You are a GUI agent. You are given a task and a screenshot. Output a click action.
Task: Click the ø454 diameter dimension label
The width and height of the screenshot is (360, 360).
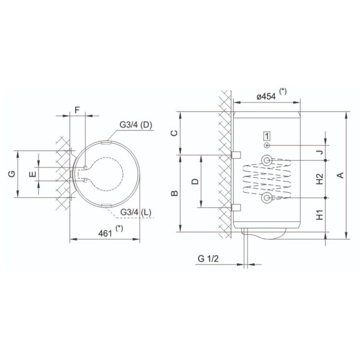(266, 97)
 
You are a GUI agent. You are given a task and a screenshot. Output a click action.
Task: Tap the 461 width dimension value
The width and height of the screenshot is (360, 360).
(105, 233)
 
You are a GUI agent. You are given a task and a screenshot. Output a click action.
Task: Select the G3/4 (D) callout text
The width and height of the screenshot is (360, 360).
(136, 125)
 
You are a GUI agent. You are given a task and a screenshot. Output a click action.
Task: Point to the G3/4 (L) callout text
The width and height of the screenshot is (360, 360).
(136, 212)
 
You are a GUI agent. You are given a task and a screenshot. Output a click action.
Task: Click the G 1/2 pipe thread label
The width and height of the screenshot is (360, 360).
(208, 259)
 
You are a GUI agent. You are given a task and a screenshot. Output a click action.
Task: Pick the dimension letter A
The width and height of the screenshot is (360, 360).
(341, 175)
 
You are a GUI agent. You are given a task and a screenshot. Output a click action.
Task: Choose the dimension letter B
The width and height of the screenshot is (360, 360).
(174, 193)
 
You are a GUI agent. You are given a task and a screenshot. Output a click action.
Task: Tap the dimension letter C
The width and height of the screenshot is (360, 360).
(174, 133)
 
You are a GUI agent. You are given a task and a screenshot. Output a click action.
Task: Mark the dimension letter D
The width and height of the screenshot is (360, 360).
(195, 181)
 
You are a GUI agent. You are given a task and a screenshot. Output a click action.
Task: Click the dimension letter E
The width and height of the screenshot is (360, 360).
(33, 174)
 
